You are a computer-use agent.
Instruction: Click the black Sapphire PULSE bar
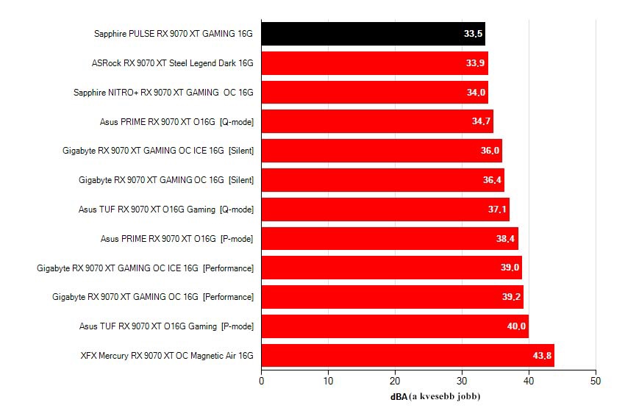pos(373,34)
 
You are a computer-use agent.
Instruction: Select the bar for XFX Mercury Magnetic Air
pos(408,356)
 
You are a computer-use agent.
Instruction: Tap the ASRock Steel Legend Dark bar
pos(375,63)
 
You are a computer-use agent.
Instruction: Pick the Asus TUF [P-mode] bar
pos(395,326)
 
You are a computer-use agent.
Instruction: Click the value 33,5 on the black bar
pos(473,34)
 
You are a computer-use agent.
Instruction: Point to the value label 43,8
pos(542,356)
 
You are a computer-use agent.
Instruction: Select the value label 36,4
pos(492,180)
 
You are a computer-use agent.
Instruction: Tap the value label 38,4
pos(505,239)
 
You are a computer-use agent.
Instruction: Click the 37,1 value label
pos(497,209)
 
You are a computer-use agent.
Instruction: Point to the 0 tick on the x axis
pos(262,381)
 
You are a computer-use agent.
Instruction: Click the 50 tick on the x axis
pos(596,381)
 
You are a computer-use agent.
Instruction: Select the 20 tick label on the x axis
pos(395,381)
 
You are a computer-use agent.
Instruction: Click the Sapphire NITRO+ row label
pos(163,93)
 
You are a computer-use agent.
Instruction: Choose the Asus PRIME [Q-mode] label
pos(176,122)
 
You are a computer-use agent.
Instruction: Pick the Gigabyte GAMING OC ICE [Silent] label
pos(158,151)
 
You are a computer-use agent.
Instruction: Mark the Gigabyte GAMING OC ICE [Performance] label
pos(145,268)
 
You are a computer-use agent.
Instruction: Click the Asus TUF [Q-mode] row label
pos(166,209)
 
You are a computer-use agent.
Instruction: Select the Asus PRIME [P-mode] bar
pos(390,239)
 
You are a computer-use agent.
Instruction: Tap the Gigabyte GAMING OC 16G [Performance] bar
pos(393,297)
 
